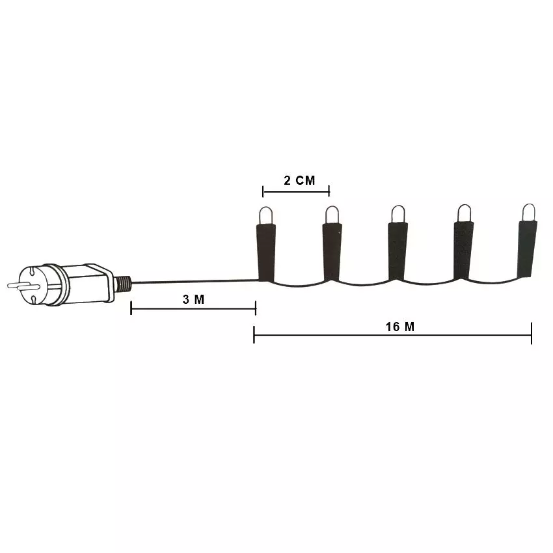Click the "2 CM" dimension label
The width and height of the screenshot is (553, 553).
pyautogui.click(x=299, y=181)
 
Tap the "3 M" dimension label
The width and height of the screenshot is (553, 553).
pyautogui.click(x=194, y=299)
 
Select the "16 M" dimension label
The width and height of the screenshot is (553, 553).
pyautogui.click(x=400, y=327)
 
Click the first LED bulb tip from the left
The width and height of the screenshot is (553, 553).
pyautogui.click(x=266, y=215)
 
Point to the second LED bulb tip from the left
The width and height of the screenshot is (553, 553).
pyautogui.click(x=332, y=215)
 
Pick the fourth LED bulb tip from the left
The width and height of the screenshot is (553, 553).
pyautogui.click(x=464, y=213)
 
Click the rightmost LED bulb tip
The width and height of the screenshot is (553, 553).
pyautogui.click(x=529, y=212)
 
